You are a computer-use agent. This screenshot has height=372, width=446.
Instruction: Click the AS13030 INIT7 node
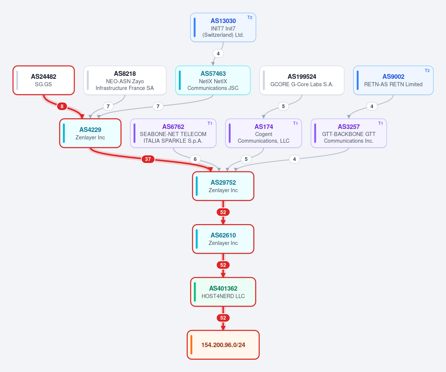pos(223,27)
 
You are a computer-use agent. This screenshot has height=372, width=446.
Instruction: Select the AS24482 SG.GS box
pos(44,80)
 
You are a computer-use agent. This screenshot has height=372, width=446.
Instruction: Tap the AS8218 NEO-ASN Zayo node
pos(125,80)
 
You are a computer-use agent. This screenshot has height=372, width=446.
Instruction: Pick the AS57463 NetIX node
pos(213,80)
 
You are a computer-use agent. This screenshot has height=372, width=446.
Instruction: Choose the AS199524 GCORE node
pos(302,80)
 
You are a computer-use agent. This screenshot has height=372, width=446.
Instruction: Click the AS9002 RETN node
pos(394,80)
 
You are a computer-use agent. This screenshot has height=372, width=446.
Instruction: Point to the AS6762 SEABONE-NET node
pos(173,133)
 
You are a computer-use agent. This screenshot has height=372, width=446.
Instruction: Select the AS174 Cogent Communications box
pos(263,133)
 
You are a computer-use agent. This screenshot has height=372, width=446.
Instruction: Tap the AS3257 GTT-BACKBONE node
pos(349,133)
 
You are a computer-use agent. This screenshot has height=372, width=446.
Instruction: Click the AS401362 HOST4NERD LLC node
pos(223,292)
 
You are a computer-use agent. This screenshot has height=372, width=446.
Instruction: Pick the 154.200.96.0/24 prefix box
pos(223,345)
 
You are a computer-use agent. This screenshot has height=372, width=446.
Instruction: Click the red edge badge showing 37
pos(148,159)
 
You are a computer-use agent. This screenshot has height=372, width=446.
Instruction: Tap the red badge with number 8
pos(62,106)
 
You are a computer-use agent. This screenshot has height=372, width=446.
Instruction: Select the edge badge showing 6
pos(195,159)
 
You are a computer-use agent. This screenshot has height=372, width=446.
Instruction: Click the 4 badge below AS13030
pos(218,54)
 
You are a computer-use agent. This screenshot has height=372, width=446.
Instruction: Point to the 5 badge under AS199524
pos(283,106)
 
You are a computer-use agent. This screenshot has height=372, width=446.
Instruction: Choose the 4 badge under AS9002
pos(372,106)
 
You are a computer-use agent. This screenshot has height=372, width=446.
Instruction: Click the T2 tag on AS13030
pos(250,17)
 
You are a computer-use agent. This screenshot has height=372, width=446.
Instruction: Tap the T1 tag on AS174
pos(295,123)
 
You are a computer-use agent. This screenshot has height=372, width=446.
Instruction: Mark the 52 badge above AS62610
pos(223,212)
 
